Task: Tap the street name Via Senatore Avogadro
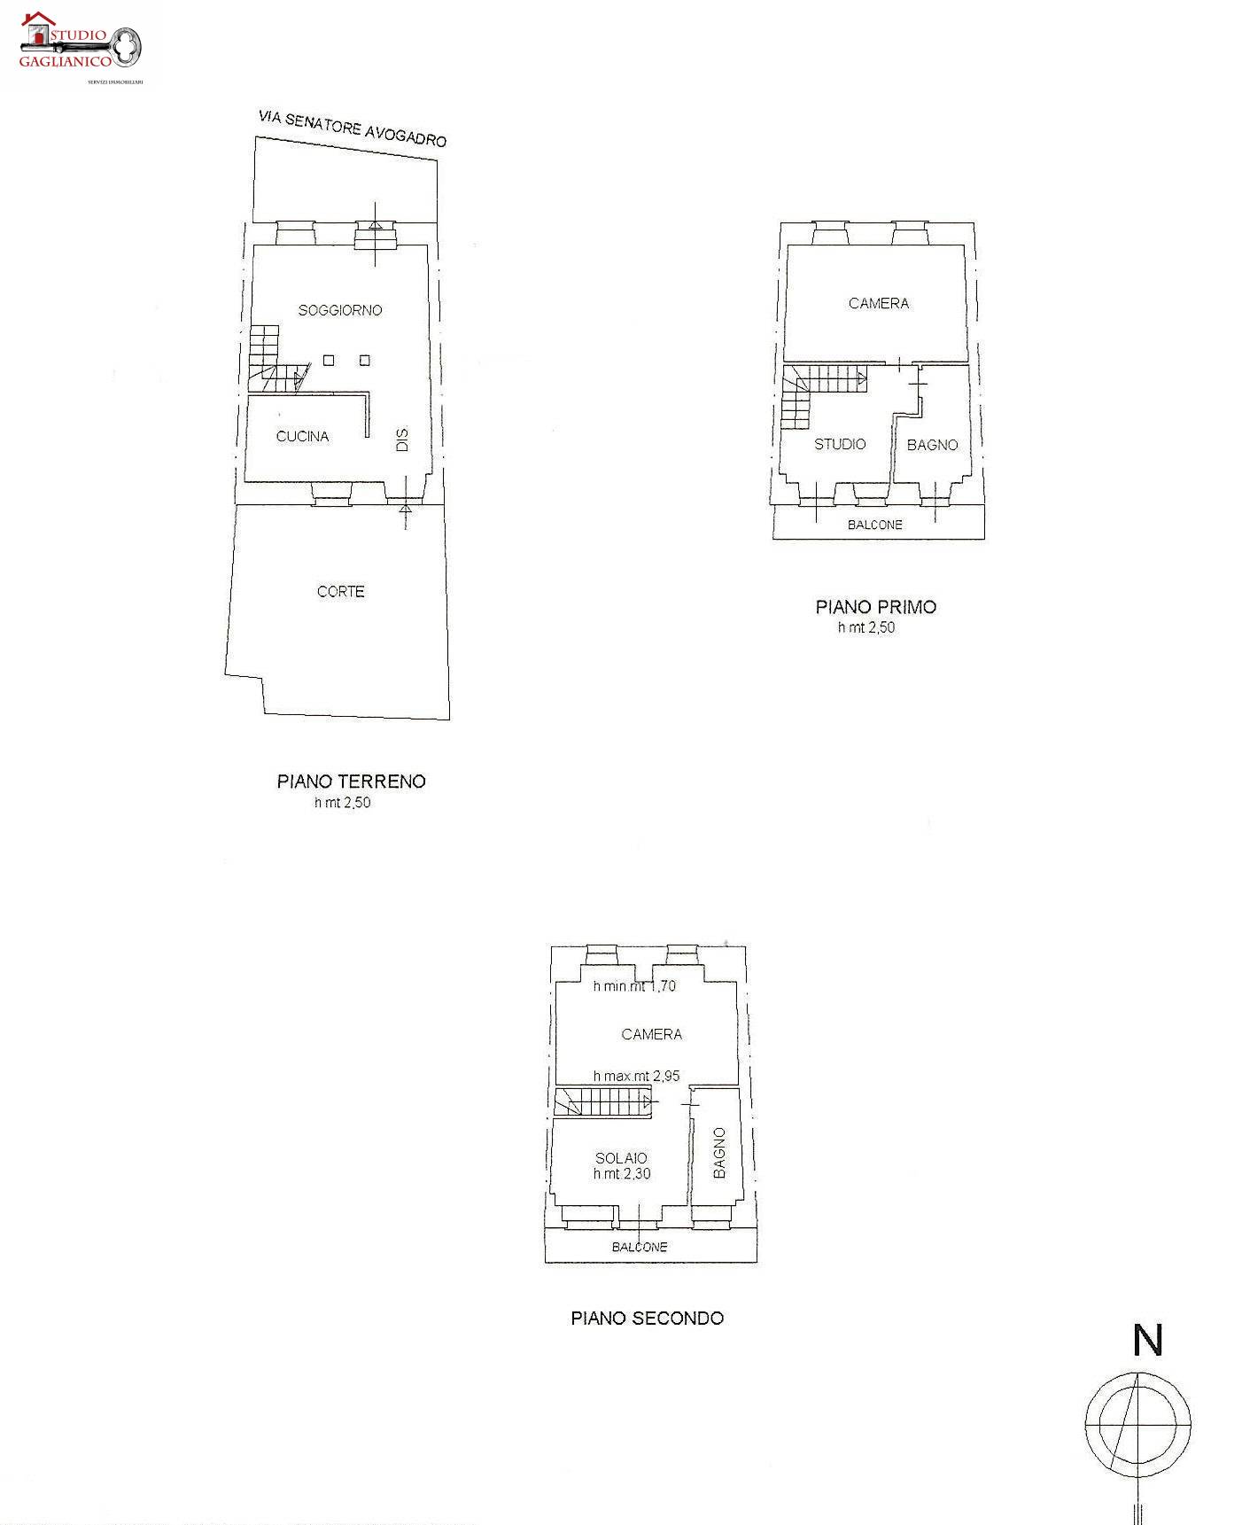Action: pyautogui.click(x=353, y=128)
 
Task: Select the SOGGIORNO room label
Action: pyautogui.click(x=340, y=310)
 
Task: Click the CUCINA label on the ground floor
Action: pyautogui.click(x=302, y=436)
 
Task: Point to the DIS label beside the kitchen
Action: pyautogui.click(x=402, y=440)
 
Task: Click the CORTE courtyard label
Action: pyautogui.click(x=341, y=591)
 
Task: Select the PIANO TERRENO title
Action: pyautogui.click(x=352, y=781)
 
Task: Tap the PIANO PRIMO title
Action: pyautogui.click(x=876, y=607)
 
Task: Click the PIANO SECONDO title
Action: pyautogui.click(x=648, y=1318)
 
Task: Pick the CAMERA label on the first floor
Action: pyautogui.click(x=879, y=303)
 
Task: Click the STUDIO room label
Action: pyautogui.click(x=840, y=444)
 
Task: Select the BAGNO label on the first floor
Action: pyautogui.click(x=933, y=445)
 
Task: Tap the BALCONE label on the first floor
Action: pyautogui.click(x=875, y=525)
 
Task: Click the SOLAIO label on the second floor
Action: pyautogui.click(x=621, y=1158)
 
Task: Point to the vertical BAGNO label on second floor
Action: pyautogui.click(x=719, y=1153)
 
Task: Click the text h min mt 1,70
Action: pyautogui.click(x=634, y=986)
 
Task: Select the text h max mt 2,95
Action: pyautogui.click(x=637, y=1076)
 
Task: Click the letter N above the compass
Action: pyautogui.click(x=1148, y=1341)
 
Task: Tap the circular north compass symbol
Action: pyautogui.click(x=1138, y=1424)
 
